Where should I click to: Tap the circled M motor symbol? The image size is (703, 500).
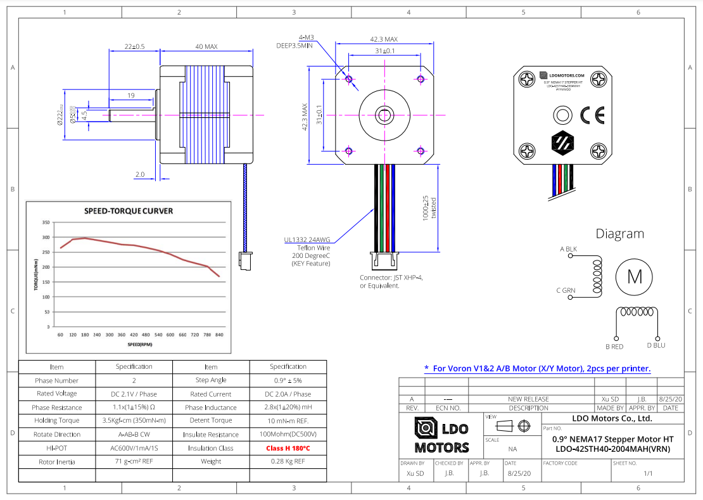(x=635, y=276)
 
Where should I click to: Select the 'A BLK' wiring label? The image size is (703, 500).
(x=568, y=249)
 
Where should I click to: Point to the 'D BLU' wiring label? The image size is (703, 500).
(x=655, y=346)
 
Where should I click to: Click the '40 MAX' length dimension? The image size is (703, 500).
(x=206, y=47)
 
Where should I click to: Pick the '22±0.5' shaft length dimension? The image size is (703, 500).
(x=134, y=47)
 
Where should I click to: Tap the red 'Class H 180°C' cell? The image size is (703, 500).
(x=288, y=448)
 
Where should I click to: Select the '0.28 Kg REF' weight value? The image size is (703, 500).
(x=288, y=461)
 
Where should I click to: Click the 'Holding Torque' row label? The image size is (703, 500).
(x=56, y=421)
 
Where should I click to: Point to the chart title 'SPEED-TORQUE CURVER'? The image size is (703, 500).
(x=129, y=211)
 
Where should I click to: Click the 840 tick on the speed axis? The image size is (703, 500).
(x=219, y=335)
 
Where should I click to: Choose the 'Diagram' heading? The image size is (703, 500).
(x=619, y=234)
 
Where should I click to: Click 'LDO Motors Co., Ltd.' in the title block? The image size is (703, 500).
(x=612, y=418)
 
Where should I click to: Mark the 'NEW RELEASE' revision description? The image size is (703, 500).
(x=528, y=399)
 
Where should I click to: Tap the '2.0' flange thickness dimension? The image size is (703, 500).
(x=140, y=174)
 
